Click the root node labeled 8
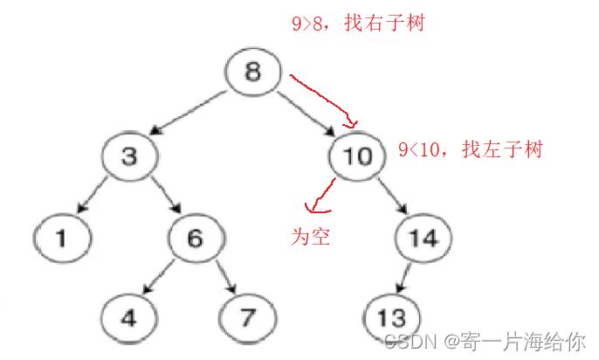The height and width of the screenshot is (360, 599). [252, 72]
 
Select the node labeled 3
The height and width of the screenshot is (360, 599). [127, 156]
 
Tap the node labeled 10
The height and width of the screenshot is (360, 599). [358, 156]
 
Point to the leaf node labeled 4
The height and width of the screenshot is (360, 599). [127, 316]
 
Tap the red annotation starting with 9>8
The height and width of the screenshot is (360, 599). [357, 24]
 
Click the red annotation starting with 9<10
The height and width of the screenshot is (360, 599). [470, 149]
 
